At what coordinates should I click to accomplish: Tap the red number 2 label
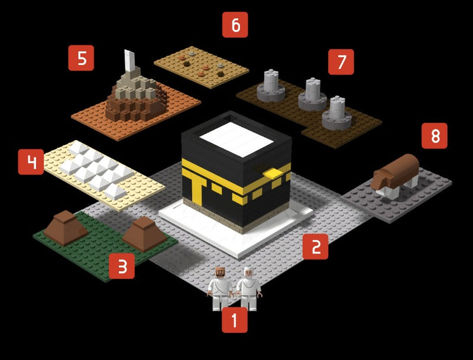[x=315, y=247]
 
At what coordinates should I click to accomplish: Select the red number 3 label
[x=122, y=266]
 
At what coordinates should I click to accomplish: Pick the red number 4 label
[x=31, y=162]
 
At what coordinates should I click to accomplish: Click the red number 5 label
[x=81, y=58]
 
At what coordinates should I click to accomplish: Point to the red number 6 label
[x=235, y=25]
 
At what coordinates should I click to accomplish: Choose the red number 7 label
[x=341, y=62]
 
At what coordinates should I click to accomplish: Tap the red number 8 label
[x=435, y=137]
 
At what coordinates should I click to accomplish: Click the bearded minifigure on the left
[x=220, y=288]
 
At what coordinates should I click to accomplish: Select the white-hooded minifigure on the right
[x=248, y=288]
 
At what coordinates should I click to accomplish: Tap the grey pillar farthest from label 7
[x=271, y=85]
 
